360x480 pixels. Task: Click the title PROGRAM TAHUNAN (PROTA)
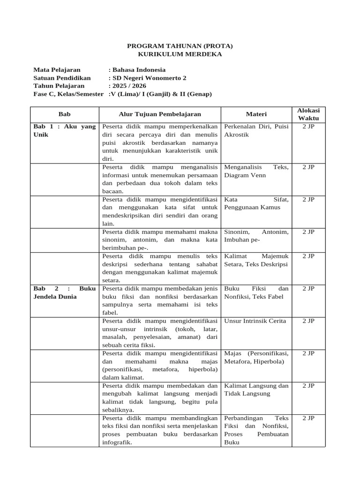[180, 46]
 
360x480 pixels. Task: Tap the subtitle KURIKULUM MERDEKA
[180, 54]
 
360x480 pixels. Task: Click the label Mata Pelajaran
[57, 70]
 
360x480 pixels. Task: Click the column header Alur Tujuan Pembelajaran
[159, 114]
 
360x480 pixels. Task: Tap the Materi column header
[256, 114]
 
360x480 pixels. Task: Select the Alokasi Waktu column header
[308, 114]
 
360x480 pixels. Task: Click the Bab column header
[64, 114]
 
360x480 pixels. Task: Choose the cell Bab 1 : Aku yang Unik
[64, 130]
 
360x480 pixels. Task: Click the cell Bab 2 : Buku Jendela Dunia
[64, 292]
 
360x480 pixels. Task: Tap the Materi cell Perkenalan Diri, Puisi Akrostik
[256, 130]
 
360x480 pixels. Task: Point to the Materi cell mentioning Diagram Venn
[256, 171]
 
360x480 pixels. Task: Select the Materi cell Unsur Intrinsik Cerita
[255, 321]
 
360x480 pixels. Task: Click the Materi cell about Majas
[256, 357]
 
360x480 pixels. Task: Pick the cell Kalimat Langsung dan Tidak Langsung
[256, 390]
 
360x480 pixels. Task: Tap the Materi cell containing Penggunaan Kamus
[256, 203]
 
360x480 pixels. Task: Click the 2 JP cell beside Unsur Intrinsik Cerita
[308, 321]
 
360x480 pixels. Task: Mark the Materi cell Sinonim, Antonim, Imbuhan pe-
[256, 236]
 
